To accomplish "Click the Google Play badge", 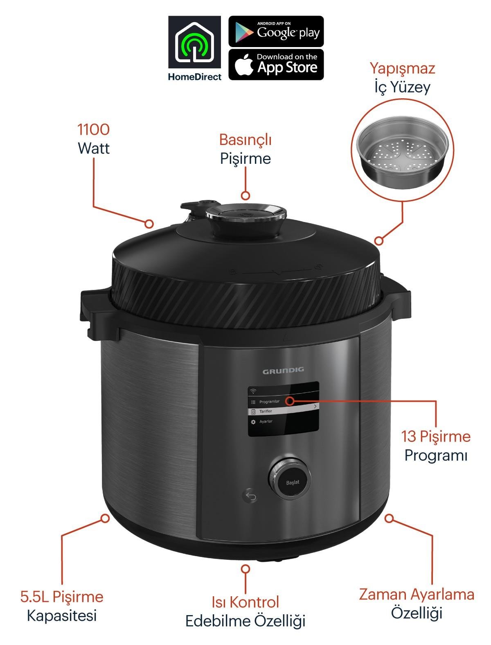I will coord(276,31).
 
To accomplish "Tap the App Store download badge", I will coord(276,64).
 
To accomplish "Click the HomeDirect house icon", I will coord(194,42).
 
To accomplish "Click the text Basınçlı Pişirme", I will coord(245,148).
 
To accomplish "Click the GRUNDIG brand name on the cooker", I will coord(283,370).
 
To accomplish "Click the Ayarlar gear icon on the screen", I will coord(253,422).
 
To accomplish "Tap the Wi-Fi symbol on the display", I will coord(253,391).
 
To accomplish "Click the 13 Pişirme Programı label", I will coord(436,446).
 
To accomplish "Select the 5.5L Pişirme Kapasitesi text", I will coord(62,606).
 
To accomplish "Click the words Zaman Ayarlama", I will coord(417,594).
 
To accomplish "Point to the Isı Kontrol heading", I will coord(245,602).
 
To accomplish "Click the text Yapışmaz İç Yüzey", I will coord(402,78).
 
